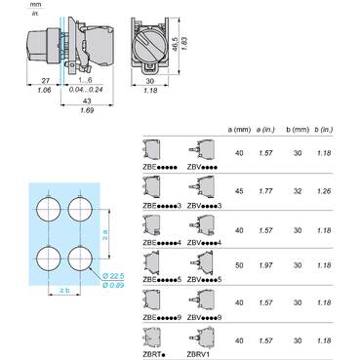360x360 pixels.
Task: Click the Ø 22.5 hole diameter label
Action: (x=115, y=275)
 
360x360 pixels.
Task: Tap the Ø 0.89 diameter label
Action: (x=115, y=284)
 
